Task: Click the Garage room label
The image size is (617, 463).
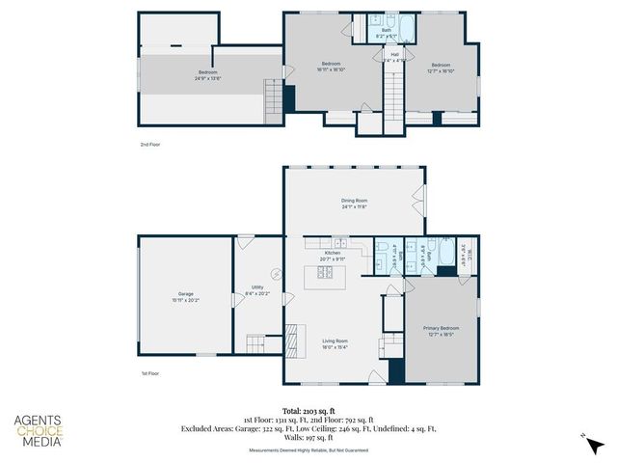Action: (185, 296)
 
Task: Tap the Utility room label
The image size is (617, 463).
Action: (257, 289)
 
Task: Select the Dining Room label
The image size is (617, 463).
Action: (354, 204)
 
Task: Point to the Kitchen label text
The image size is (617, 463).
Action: (319, 256)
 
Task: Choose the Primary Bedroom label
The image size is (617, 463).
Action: (441, 331)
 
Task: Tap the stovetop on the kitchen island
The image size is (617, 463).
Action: (325, 274)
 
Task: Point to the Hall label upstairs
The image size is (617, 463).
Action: (394, 57)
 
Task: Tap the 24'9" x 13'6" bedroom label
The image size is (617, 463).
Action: (207, 74)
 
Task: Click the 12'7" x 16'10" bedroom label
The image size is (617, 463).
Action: (441, 68)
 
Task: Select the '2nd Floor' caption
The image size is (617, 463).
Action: (150, 143)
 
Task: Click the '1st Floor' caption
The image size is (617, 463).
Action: (150, 372)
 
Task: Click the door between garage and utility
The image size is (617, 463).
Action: (233, 299)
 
